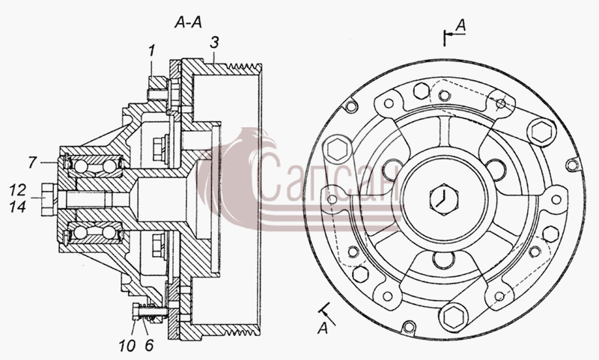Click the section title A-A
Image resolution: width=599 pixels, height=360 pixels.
(188, 22)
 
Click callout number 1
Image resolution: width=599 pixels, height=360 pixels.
(152, 51)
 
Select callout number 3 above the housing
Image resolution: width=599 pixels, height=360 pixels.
(215, 43)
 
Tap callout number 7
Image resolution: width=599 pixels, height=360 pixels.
(32, 162)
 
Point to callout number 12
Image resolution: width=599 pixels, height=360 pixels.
(17, 190)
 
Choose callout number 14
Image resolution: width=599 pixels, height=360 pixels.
(17, 207)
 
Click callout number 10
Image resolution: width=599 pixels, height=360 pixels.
(127, 346)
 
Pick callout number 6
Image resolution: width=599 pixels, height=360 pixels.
(149, 346)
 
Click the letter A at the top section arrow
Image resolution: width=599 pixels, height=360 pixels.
(461, 25)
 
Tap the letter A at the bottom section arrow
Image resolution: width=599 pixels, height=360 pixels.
(323, 328)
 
